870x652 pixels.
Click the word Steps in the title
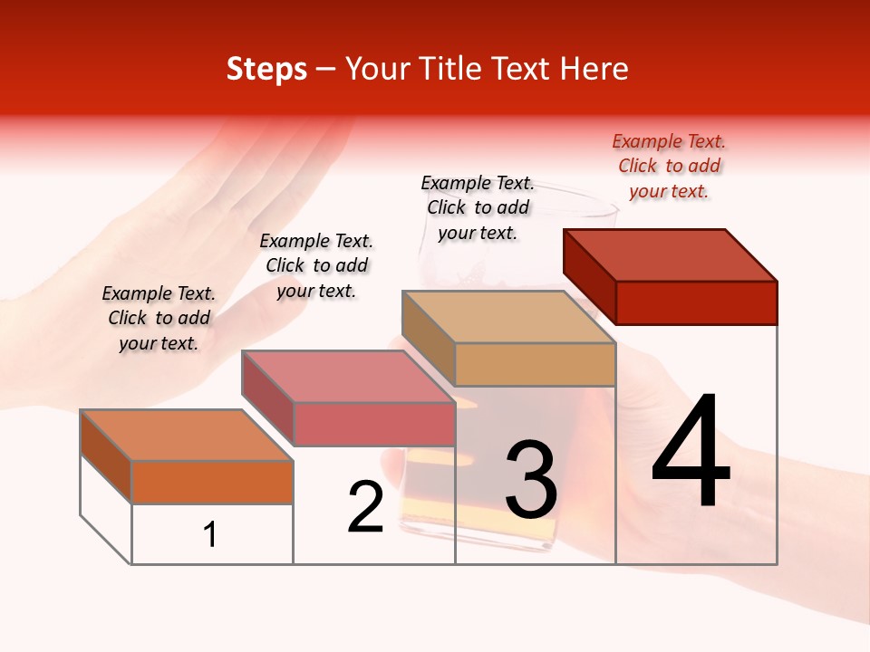point(266,69)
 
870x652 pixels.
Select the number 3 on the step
point(531,480)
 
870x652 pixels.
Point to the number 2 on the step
point(365,507)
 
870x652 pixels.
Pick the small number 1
point(210,534)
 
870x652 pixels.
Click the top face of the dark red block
point(671,255)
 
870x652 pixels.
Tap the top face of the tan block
point(508,317)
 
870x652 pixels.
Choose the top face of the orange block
point(186,436)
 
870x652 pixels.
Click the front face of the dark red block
point(696,302)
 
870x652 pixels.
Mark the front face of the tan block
point(535,364)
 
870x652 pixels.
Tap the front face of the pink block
point(373,425)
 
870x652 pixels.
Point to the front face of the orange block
point(212,482)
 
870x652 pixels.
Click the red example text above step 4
point(669,166)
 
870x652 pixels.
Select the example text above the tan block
point(478,207)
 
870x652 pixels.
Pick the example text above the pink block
point(316,265)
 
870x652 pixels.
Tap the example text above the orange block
point(159,318)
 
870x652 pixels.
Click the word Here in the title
point(594,69)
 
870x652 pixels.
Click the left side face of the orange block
point(106,455)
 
